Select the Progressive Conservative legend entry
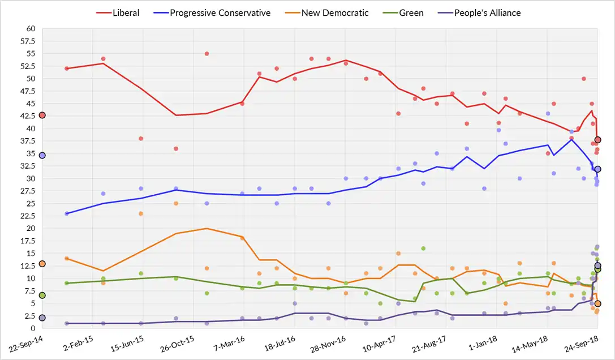point(213,12)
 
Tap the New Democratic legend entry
point(328,12)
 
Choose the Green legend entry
point(404,12)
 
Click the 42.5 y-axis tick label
point(27,115)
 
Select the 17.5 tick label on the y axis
point(27,241)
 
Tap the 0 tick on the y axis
point(33,328)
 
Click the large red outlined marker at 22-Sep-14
point(42,115)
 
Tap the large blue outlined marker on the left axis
point(42,155)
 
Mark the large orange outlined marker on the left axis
point(42,264)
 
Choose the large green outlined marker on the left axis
point(42,295)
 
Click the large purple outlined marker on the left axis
point(42,318)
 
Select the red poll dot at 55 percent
point(207,54)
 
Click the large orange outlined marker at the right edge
point(598,304)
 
